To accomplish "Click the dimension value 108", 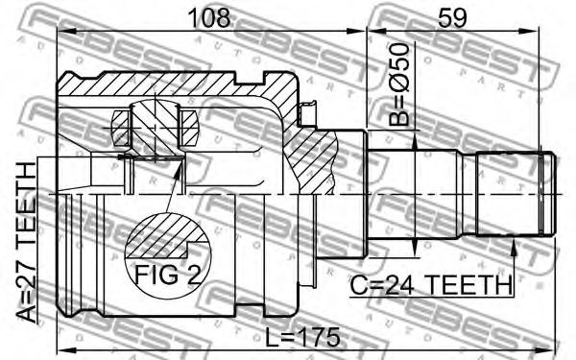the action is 209,18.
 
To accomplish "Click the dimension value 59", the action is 452,18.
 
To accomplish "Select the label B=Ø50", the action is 399,84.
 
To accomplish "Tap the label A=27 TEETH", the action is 26,243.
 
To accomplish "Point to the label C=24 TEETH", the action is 430,285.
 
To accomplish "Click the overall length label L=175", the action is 302,337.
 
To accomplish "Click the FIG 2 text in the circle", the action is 168,274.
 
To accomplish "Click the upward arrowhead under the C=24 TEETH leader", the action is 514,247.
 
